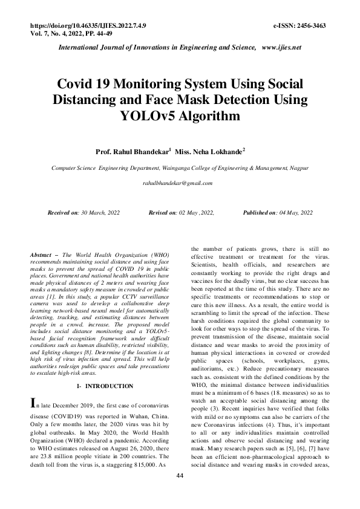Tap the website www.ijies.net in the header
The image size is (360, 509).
click(281, 47)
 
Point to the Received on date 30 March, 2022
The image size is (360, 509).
click(107, 213)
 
